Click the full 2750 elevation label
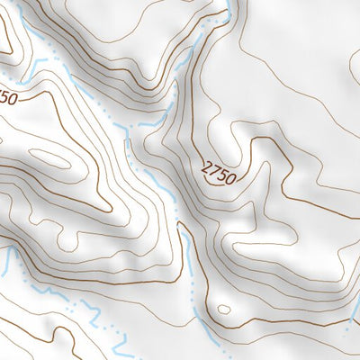[x=220, y=172]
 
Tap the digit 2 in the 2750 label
[x=209, y=165]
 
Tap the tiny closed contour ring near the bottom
[x=223, y=310]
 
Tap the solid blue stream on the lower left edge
[x=9, y=261]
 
